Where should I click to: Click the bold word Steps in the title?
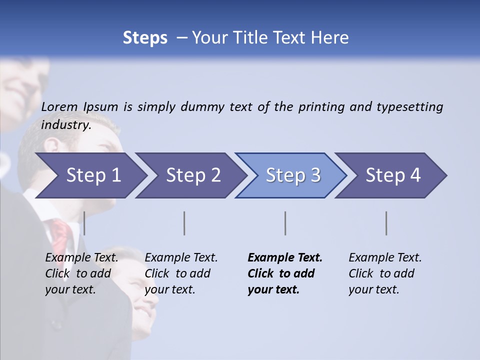145,38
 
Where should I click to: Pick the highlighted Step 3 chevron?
293,175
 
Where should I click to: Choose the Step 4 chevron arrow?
393,175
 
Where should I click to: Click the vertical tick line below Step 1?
84,223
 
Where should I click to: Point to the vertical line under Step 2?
184,223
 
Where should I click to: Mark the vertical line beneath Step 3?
285,223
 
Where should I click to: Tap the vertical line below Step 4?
386,223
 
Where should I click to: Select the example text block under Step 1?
81,273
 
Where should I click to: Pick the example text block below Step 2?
181,273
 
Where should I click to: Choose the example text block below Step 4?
385,273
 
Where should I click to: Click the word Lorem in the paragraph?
59,107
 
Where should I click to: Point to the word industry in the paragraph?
65,125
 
